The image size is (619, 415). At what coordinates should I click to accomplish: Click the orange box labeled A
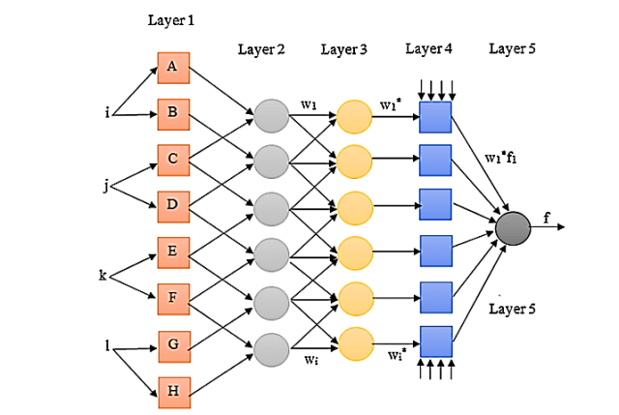point(173,69)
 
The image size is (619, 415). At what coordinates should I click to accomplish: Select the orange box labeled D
point(173,204)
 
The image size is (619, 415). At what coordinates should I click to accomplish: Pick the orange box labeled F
point(173,297)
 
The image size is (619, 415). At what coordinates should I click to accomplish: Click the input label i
point(107,114)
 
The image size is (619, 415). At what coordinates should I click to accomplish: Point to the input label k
point(102,276)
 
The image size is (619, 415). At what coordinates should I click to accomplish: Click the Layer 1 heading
point(171,20)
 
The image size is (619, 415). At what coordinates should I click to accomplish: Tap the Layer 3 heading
point(343,49)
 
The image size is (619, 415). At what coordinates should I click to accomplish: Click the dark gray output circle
point(514,228)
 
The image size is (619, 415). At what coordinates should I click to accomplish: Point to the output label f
point(547,219)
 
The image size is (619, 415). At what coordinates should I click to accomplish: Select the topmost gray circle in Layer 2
point(271,116)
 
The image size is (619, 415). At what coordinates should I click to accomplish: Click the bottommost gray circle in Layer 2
point(271,347)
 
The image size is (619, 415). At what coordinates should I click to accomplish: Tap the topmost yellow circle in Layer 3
point(354,116)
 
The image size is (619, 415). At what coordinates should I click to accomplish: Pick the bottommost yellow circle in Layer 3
point(355,341)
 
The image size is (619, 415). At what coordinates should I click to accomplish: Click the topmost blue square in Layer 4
point(435,117)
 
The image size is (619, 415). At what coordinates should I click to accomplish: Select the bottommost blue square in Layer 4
point(435,341)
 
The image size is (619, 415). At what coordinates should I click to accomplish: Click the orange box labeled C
point(173,159)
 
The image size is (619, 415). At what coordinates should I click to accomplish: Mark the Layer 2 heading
point(261,49)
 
